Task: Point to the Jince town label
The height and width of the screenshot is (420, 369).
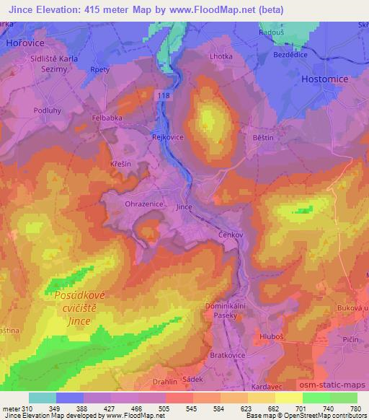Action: [x=184, y=207]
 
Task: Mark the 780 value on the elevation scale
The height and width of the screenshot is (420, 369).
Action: [x=356, y=408]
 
